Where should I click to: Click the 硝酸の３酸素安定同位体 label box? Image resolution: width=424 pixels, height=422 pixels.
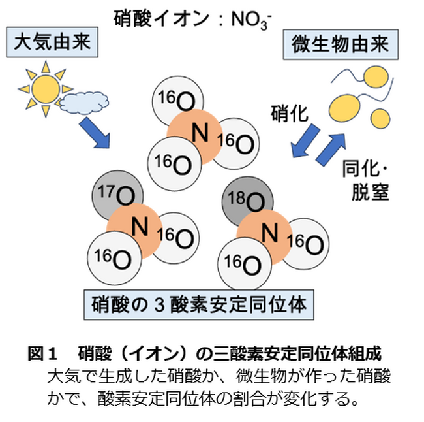pyautogui.click(x=200, y=304)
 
